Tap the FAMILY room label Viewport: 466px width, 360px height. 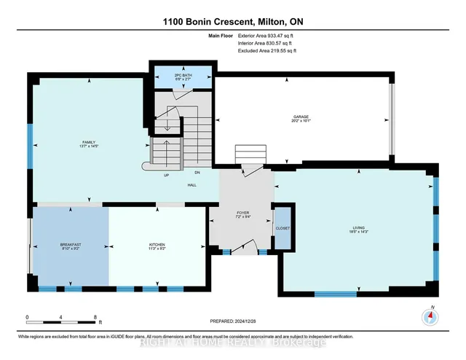(89, 142)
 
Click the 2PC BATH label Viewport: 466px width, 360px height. (182, 74)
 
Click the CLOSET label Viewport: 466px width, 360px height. (283, 227)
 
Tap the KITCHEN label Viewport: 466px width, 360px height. (157, 246)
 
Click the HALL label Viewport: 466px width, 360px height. (192, 185)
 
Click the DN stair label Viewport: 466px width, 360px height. (197, 173)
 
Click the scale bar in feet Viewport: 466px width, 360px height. (61, 319)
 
